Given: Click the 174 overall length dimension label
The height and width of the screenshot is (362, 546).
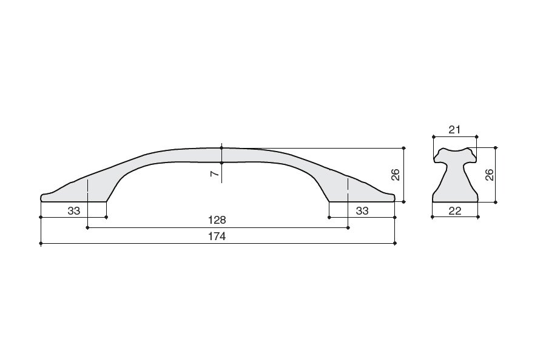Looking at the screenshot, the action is pyautogui.click(x=217, y=236).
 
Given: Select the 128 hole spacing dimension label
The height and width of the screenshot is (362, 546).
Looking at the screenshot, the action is pyautogui.click(x=217, y=220).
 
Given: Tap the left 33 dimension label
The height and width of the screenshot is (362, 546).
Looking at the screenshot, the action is pyautogui.click(x=74, y=210).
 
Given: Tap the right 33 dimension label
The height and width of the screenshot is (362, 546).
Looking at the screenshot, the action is pyautogui.click(x=362, y=210).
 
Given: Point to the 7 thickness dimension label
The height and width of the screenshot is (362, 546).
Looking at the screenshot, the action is pyautogui.click(x=215, y=173).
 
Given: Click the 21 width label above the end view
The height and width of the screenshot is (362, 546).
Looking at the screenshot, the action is pyautogui.click(x=454, y=130).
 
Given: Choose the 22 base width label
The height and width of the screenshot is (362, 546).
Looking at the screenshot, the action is pyautogui.click(x=455, y=210).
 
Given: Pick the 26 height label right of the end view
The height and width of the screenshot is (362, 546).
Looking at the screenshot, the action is pyautogui.click(x=489, y=175).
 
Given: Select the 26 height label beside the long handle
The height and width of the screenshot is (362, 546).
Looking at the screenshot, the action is pyautogui.click(x=395, y=175).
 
